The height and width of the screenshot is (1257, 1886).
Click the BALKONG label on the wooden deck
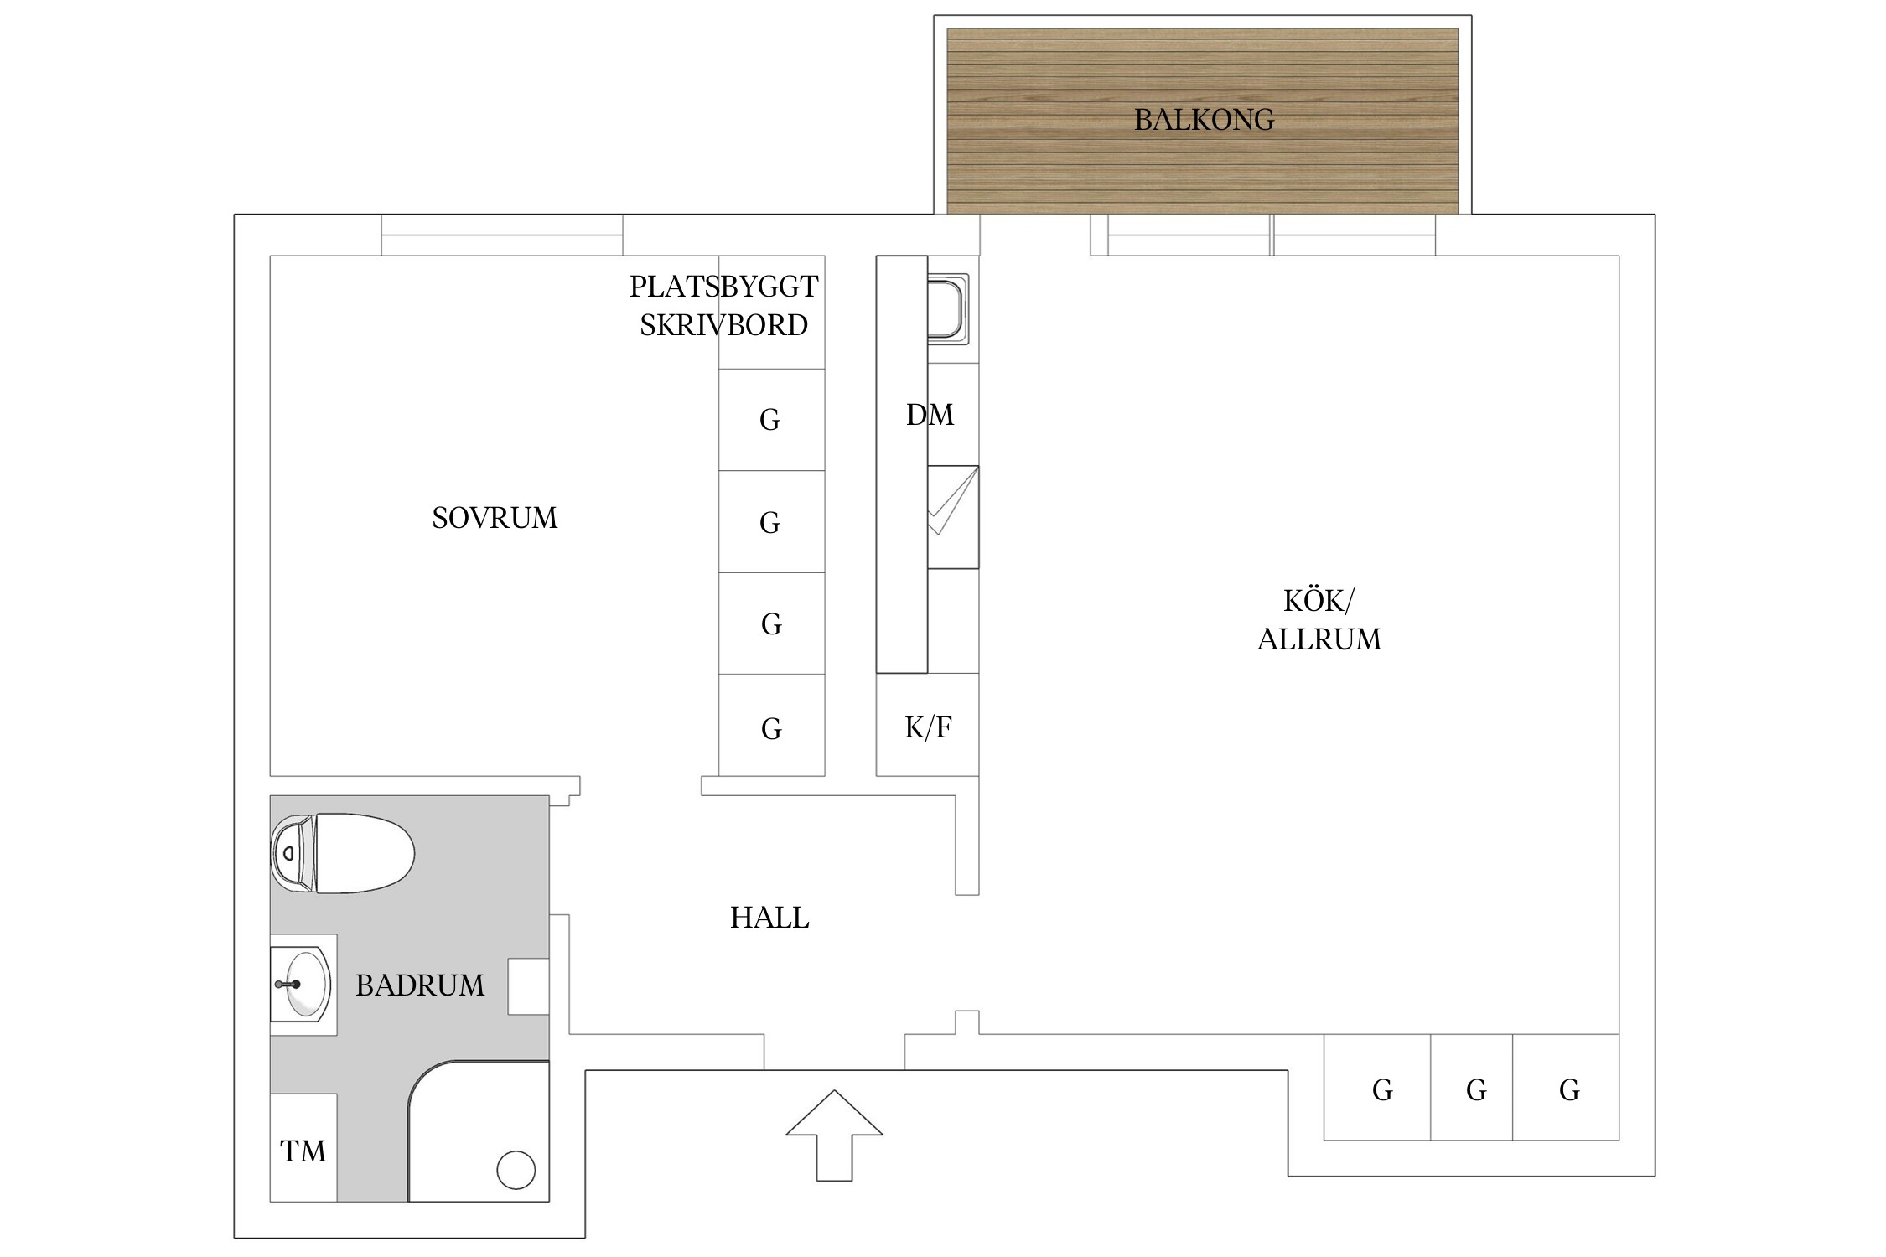1204,120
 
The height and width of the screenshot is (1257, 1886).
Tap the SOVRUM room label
495,518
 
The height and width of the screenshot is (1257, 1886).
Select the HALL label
769,918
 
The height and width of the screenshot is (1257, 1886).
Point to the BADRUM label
420,985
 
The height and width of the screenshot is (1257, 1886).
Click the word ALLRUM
1319,639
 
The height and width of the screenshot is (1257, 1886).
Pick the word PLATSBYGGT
724,287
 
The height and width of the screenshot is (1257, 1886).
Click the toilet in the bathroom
342,853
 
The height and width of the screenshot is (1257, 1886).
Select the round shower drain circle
516,1170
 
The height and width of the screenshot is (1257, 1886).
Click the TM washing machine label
303,1151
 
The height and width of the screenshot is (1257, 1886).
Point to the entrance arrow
834,1135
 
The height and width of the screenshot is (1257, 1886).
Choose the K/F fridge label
928,727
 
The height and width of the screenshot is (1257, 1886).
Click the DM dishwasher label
930,415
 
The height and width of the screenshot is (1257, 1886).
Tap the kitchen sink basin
948,309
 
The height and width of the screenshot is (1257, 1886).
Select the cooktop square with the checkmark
953,517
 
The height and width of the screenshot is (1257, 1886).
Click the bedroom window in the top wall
502,235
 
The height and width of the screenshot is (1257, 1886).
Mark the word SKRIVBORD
724,325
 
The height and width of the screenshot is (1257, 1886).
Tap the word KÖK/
1319,601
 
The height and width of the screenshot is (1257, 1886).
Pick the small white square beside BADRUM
529,987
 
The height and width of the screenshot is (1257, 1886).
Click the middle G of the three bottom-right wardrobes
1476,1089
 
